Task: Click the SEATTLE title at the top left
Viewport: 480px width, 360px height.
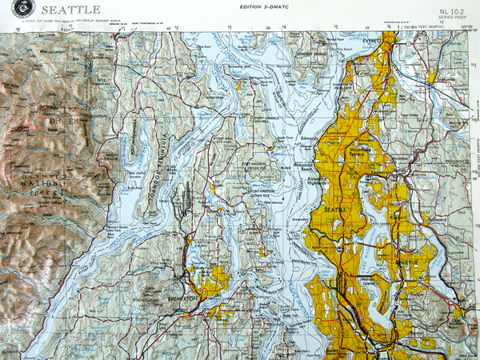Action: coord(70,10)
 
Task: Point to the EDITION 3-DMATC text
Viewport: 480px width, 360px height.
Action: coord(261,7)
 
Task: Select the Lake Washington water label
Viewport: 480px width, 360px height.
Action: coord(373,240)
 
